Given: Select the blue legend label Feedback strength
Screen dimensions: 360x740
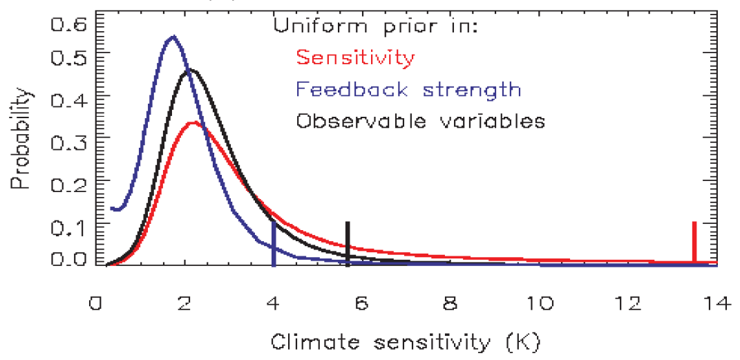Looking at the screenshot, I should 408,89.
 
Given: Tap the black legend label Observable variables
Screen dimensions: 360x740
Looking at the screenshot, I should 420,121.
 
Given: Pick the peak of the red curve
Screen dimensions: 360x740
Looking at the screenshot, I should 194,123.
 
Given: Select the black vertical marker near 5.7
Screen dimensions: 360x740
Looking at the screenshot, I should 348,242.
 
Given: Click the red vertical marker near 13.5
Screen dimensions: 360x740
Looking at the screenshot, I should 694,242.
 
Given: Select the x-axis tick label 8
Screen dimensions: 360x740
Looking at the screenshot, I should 450,305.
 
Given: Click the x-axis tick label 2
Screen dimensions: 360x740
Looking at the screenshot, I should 184,305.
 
